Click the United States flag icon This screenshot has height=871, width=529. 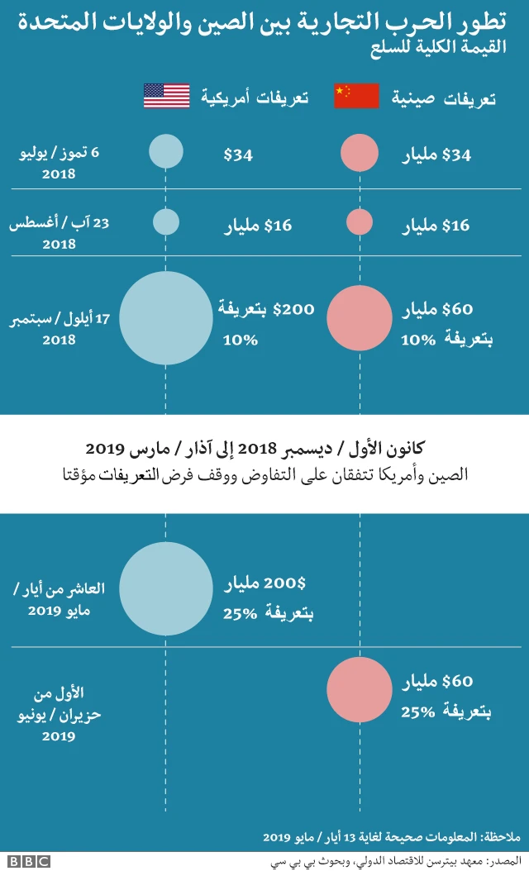click(166, 96)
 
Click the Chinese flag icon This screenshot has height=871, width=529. click(356, 96)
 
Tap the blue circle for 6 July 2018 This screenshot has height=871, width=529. click(166, 153)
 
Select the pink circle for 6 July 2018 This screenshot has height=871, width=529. click(360, 154)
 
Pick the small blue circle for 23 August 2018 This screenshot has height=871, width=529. click(166, 221)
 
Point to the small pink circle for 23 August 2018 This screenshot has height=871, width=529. click(359, 222)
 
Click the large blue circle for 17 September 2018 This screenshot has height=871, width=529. click(166, 318)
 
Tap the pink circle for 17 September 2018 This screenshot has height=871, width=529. click(360, 318)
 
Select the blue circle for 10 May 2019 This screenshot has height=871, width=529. click(166, 588)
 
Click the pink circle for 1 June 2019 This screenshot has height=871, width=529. click(360, 690)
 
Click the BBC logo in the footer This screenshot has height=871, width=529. click(30, 861)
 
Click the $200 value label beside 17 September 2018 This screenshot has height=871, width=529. click(293, 309)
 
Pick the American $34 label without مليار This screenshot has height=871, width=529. click(238, 154)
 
